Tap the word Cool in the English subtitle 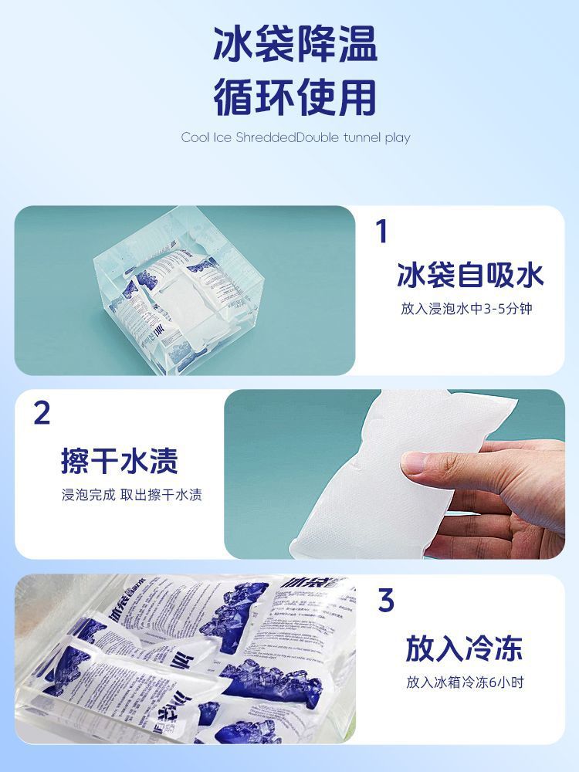point(195,138)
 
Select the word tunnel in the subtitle point(356,138)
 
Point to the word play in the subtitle point(397,138)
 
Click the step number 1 point(381,232)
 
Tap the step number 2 point(42,414)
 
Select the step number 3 point(386,601)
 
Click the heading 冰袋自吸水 point(470,275)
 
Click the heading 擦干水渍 point(120,460)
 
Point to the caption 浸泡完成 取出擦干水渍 point(131,495)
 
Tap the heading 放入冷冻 point(464,648)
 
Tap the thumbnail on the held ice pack point(421,463)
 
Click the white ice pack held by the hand point(355,479)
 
